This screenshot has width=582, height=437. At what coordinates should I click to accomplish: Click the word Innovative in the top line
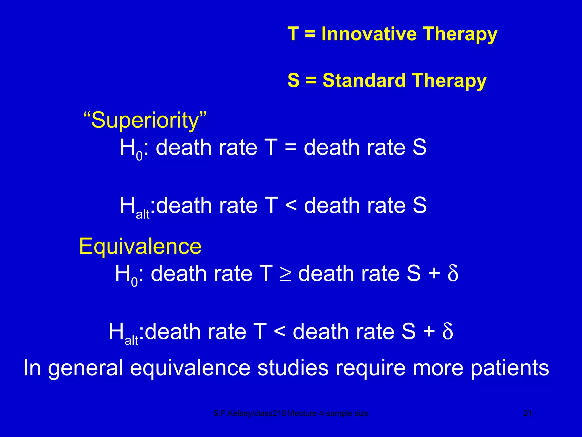pos(369,34)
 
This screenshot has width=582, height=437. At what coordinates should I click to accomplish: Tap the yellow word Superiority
pos(145,120)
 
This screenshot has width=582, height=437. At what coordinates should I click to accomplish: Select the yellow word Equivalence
pos(140,246)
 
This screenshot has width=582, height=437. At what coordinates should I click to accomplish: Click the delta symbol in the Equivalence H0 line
pos(452,273)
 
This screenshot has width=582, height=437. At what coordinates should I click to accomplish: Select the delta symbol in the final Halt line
pos(447,331)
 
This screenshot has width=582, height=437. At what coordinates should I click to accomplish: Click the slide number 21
pos(528,413)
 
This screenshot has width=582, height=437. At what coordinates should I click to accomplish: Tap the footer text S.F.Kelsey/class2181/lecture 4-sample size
pos(291,413)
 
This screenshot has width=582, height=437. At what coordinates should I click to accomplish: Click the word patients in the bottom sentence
pos(510,368)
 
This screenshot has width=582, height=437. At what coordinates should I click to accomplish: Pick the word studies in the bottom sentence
pos(293,368)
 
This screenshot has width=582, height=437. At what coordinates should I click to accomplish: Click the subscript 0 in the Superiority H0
pos(139,156)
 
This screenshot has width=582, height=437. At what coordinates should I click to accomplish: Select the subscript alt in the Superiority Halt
pos(142,214)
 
